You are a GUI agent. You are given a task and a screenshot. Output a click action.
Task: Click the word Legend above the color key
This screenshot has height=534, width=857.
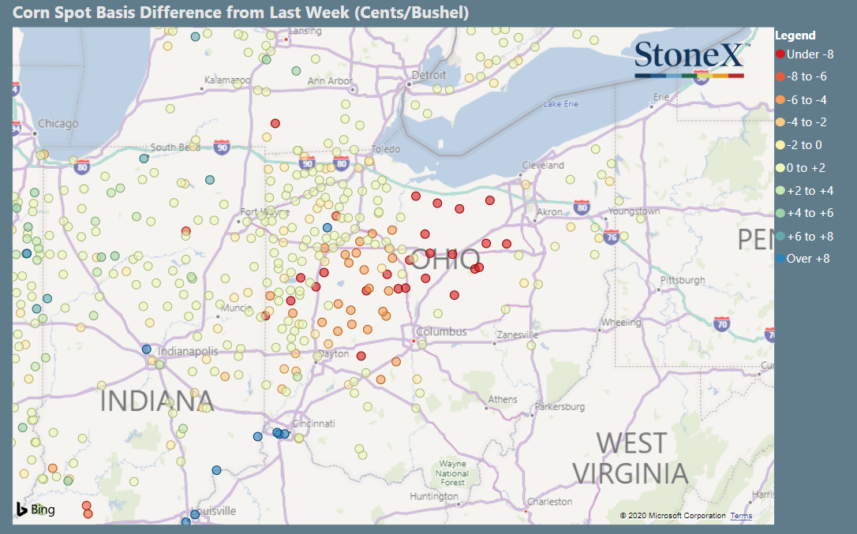[795, 35]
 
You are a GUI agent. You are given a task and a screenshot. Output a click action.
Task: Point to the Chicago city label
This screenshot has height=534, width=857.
[58, 124]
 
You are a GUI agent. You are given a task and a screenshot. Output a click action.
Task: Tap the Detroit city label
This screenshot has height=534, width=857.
[428, 75]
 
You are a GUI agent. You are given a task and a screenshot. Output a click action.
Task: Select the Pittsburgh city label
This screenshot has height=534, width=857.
[683, 280]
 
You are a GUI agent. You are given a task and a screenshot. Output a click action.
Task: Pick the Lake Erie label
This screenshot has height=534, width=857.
[561, 105]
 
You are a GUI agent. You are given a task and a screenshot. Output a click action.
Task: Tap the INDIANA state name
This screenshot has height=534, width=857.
[156, 401]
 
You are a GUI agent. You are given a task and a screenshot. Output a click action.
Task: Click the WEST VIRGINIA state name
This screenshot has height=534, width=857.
[630, 457]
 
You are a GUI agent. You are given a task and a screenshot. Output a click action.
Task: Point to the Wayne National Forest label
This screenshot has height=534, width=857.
[452, 473]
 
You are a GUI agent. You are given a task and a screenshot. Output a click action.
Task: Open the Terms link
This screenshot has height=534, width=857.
[740, 516]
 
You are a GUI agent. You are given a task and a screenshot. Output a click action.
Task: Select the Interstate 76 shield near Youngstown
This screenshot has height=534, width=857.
[610, 237]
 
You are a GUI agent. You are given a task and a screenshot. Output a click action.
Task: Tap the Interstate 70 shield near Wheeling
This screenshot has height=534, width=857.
[720, 323]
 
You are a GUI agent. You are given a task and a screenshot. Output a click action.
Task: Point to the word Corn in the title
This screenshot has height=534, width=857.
[31, 13]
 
